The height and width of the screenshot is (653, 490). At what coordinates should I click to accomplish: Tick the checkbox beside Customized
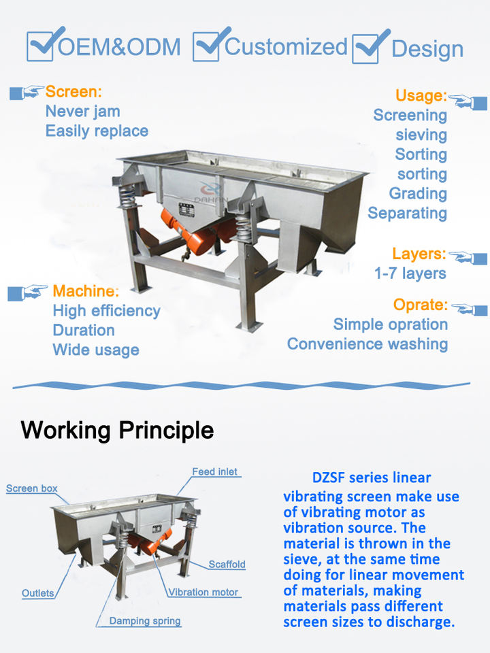click(206, 46)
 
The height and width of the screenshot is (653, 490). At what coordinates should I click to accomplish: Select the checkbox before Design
click(368, 48)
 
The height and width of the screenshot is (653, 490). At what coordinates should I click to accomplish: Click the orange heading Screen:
click(73, 91)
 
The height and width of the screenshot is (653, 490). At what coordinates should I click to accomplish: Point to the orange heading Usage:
click(421, 96)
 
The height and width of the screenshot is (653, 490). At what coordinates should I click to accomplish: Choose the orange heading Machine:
click(86, 292)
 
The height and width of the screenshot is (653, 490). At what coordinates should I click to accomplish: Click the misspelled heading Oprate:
click(420, 305)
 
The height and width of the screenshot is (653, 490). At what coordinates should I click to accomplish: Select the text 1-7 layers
click(410, 273)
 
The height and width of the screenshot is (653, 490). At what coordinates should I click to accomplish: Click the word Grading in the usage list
click(418, 194)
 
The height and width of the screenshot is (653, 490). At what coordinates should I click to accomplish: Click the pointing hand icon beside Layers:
click(469, 258)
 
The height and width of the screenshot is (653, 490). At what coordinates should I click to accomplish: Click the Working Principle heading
click(117, 430)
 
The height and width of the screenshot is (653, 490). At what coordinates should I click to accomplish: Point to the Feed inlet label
click(215, 471)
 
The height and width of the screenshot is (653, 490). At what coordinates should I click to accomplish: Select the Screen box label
click(32, 488)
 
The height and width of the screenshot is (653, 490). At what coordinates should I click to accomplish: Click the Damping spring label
click(145, 621)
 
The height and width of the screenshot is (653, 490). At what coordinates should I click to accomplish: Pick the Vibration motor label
click(203, 592)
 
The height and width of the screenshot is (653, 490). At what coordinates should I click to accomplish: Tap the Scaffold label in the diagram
click(227, 565)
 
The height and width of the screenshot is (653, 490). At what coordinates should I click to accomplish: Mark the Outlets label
click(38, 593)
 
